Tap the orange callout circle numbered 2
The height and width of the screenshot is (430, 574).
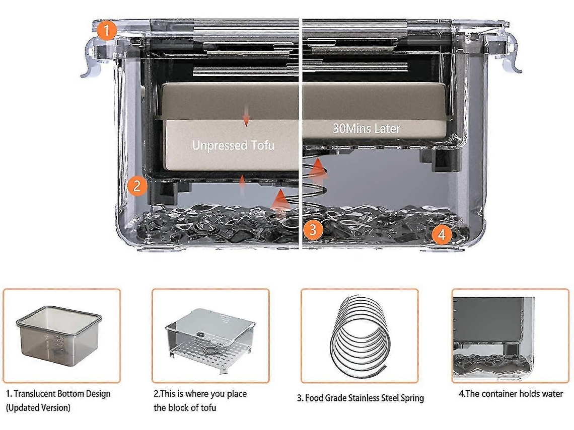pos(136,187)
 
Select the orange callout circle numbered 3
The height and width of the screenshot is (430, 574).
pos(313,230)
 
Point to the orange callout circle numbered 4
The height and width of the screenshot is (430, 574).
pos(442,234)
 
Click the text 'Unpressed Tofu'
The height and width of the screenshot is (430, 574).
pos(233,145)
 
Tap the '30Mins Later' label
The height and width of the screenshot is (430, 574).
pos(366,128)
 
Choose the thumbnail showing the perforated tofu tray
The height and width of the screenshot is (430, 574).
pos(210,335)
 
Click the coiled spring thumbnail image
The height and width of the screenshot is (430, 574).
pos(359,335)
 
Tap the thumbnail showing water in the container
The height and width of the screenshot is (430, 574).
pos(510,335)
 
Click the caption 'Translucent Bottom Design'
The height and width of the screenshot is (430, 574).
pos(58,394)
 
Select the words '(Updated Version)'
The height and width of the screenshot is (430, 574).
pos(38,407)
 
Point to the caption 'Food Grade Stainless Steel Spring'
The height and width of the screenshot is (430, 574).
pos(360,398)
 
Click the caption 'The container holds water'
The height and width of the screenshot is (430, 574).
pos(511,394)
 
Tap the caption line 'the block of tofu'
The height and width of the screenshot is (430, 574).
pos(185,407)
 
